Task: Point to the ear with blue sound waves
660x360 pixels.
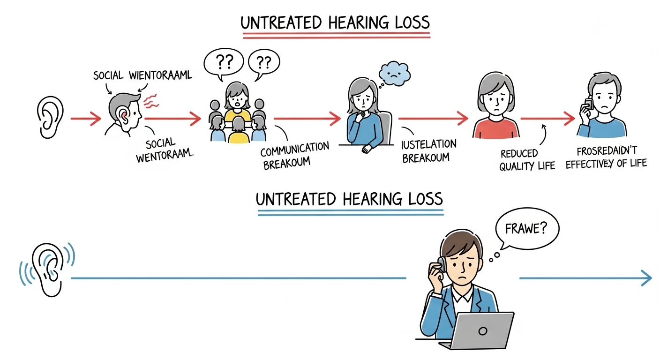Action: pyautogui.click(x=49, y=270)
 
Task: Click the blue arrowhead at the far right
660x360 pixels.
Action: pyautogui.click(x=647, y=278)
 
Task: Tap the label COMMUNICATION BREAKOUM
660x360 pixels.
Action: pyautogui.click(x=294, y=155)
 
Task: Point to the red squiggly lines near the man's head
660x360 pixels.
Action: pyautogui.click(x=151, y=100)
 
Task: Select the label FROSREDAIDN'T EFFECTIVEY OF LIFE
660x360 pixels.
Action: pyautogui.click(x=607, y=157)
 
